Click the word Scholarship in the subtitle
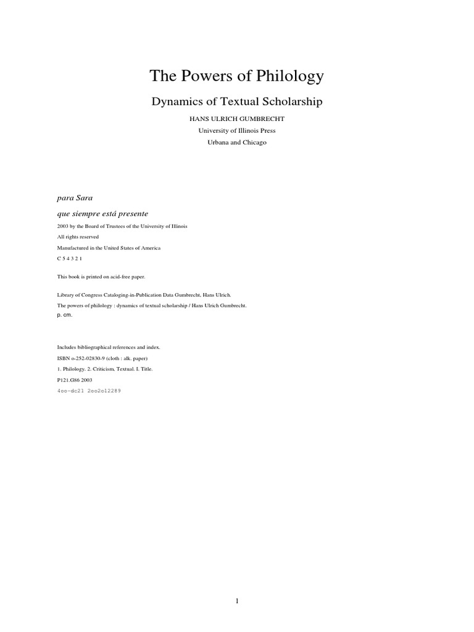291,101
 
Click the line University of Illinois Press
236,130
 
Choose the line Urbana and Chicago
236,142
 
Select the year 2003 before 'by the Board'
63,227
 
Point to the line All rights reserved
78,237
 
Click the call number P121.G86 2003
74,380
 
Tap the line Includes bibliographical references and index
108,347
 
